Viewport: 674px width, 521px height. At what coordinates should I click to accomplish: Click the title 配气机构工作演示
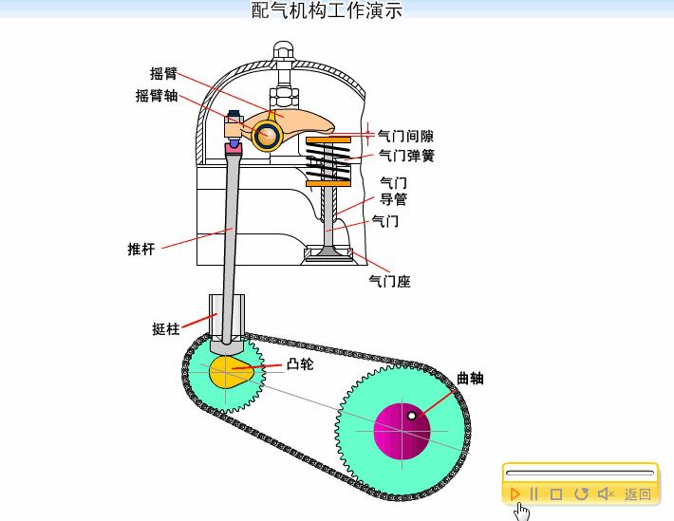pos(328,10)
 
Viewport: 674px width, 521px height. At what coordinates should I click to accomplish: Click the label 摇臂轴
pos(157,95)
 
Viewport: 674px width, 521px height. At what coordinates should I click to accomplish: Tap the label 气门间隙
pos(406,136)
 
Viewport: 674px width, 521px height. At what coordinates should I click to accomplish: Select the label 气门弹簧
pos(406,156)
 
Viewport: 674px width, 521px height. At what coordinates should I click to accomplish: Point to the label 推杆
pos(140,249)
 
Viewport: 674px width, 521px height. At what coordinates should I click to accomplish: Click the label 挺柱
pos(165,329)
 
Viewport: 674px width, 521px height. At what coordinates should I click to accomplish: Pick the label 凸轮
pos(299,363)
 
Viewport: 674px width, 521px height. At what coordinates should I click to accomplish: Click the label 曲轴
pos(470,378)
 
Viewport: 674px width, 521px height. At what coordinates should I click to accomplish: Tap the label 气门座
pos(389,281)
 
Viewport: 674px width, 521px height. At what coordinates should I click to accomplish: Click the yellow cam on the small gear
pos(231,371)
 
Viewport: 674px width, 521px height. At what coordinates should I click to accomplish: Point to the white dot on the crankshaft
pos(411,416)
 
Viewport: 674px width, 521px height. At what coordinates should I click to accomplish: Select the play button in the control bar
pos(515,493)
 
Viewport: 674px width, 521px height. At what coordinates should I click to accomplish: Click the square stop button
pos(557,493)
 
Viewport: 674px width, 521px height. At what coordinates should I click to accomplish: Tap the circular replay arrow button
pos(581,493)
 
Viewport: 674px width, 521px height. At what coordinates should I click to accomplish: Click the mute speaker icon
pos(606,493)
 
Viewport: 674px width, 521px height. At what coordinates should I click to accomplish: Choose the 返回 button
pos(638,493)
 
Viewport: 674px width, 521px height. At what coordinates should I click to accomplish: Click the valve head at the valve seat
pos(327,253)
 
